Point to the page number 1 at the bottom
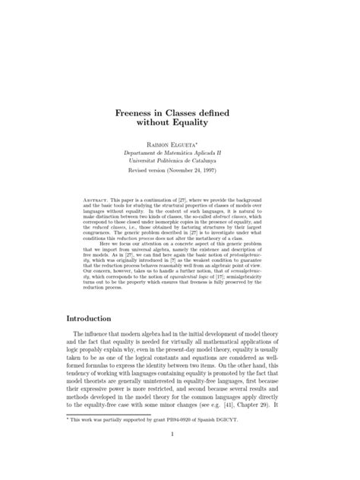[x=180, y=456]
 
